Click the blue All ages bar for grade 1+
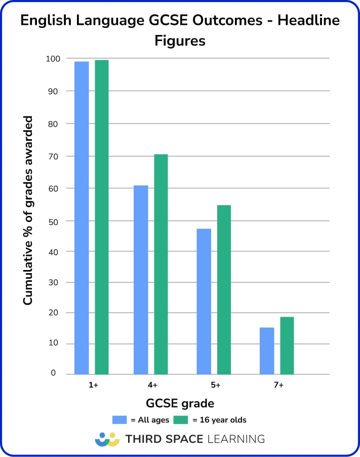[82, 218]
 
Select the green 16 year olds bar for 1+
[102, 217]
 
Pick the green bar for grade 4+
[161, 264]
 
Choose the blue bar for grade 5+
[204, 301]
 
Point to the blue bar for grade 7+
[267, 351]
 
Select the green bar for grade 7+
[287, 346]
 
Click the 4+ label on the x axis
[152, 386]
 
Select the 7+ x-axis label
[278, 386]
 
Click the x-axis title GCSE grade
[180, 404]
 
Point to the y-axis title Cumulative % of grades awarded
[28, 210]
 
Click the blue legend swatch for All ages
[119, 420]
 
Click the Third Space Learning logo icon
[107, 439]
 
